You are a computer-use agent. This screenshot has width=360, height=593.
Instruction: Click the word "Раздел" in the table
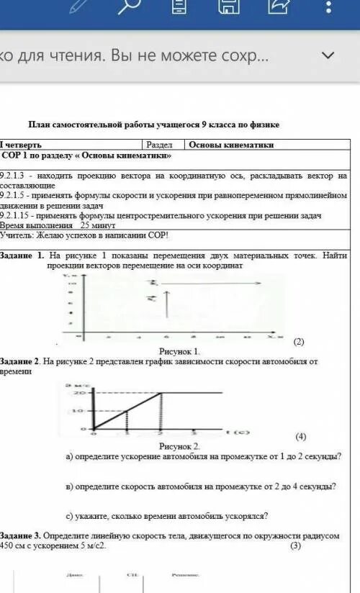(159, 145)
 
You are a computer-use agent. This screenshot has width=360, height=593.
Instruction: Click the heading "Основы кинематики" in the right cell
(231, 145)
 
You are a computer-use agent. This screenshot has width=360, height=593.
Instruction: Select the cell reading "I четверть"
(21, 145)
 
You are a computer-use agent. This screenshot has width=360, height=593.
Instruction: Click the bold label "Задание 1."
(22, 255)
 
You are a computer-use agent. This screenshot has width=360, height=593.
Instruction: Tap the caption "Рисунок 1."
(179, 350)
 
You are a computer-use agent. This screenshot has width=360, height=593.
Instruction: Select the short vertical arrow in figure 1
(166, 303)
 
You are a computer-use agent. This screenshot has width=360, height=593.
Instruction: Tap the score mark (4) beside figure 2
(300, 437)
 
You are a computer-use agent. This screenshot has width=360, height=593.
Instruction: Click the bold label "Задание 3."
(20, 536)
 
